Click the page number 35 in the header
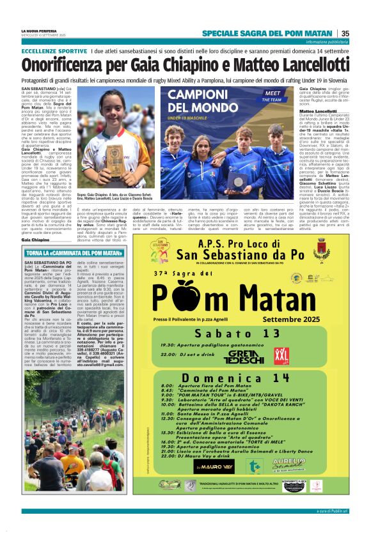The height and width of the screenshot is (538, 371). tap(345, 33)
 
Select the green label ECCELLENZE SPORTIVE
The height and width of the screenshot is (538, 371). tap(54, 50)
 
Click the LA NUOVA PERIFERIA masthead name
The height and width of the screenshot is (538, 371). tap(43, 31)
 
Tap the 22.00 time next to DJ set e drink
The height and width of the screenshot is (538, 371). tap(168, 354)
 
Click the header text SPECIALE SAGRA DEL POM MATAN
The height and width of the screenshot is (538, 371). tap(267, 33)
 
